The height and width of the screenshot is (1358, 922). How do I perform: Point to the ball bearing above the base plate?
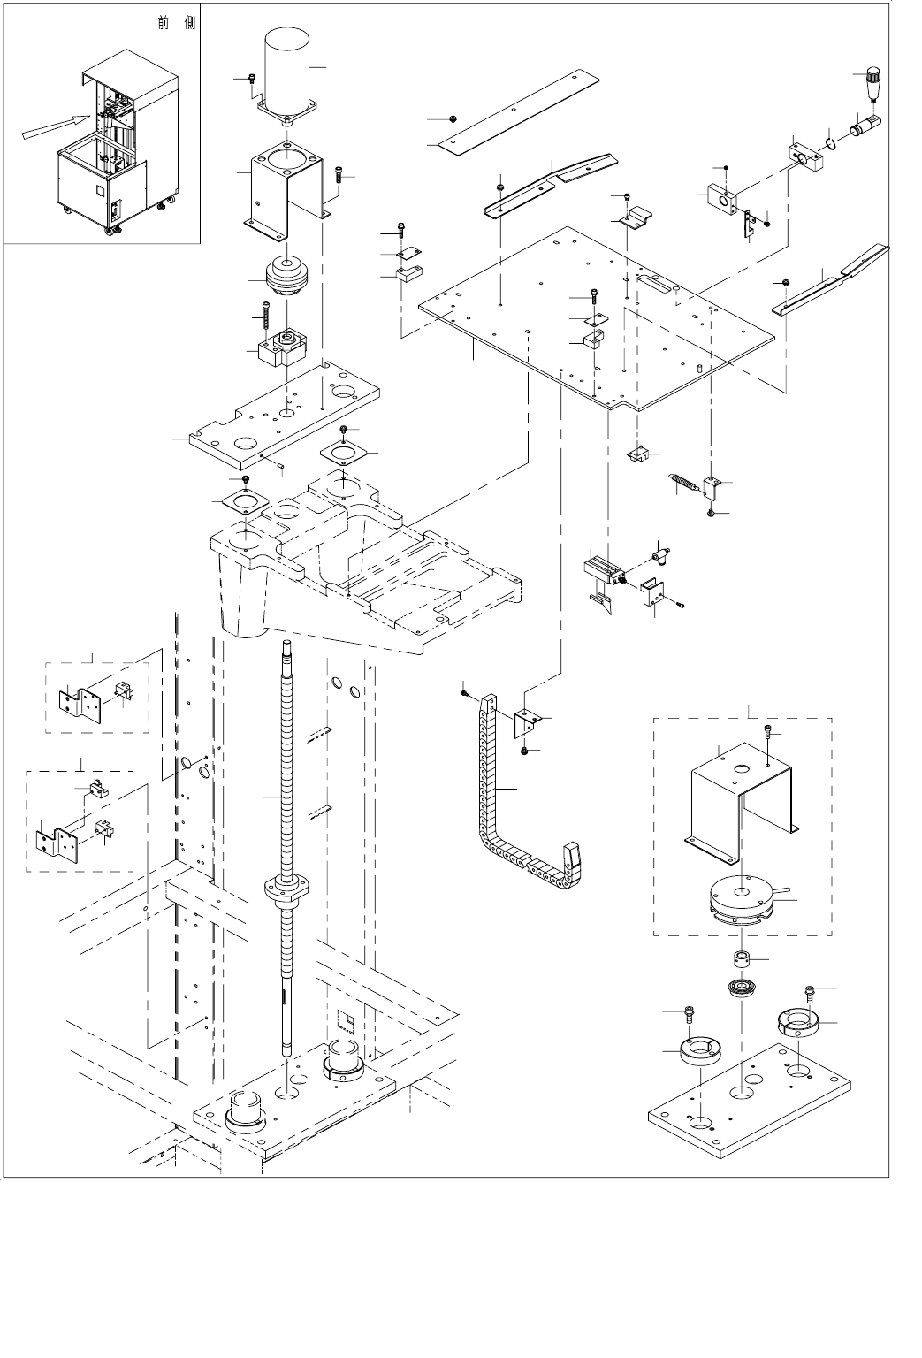741,987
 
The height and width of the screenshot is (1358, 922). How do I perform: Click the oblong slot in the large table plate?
654,282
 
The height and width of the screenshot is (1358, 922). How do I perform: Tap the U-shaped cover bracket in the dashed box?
742,799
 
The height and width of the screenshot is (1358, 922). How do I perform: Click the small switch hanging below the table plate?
637,454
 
